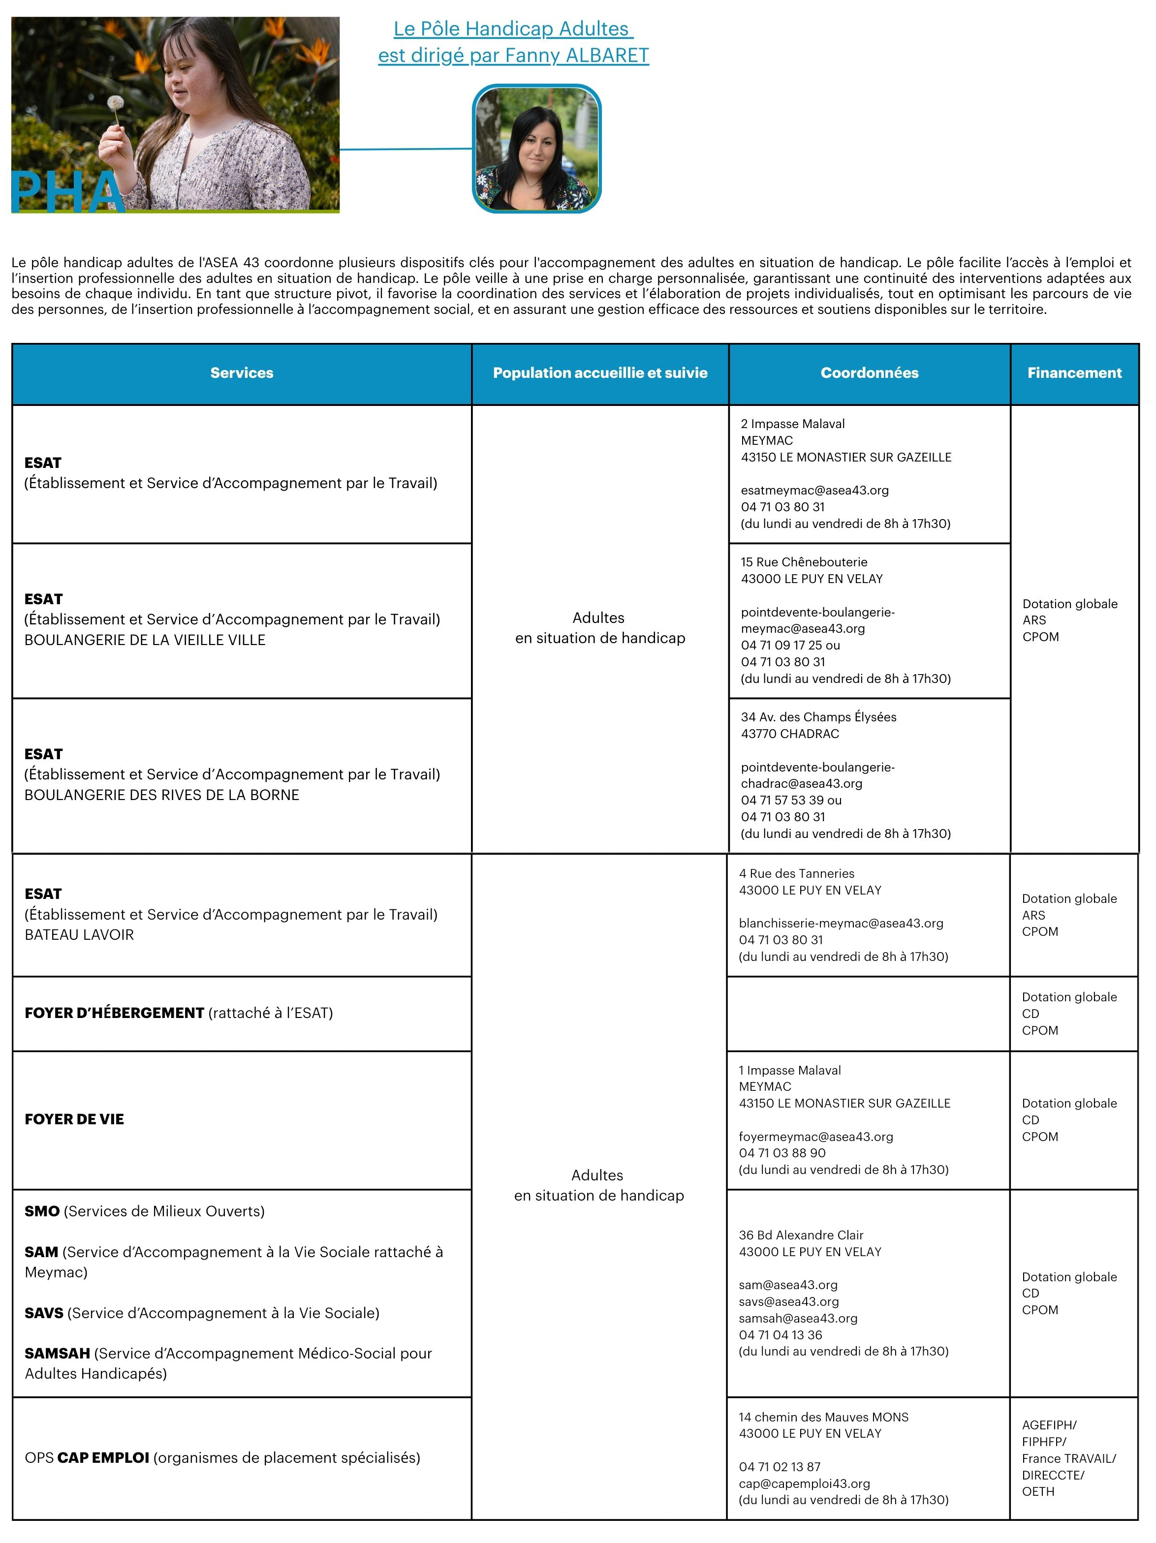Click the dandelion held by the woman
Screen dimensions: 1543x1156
pos(116,103)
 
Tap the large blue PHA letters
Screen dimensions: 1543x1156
pos(66,192)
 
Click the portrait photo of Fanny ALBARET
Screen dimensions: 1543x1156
pos(536,149)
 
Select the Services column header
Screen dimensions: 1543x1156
pos(241,373)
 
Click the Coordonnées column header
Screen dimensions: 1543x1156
pos(869,373)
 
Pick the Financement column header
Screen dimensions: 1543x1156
pos(1074,373)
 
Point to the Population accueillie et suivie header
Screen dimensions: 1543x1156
pos(600,373)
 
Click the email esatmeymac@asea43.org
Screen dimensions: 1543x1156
pos(814,491)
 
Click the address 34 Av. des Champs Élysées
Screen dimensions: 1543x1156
pos(818,717)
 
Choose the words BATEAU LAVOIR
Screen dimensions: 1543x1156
pos(79,935)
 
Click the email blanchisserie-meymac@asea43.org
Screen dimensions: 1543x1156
pos(841,924)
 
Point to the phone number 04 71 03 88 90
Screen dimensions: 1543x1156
pos(782,1153)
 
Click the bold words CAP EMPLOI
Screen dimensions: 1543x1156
pos(103,1458)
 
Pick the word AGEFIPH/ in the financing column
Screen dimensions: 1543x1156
pos(1049,1425)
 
